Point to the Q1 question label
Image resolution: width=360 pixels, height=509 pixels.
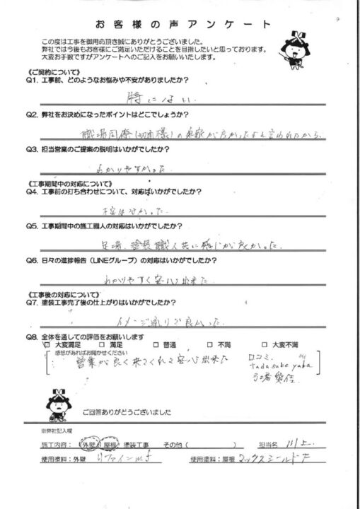click(35, 81)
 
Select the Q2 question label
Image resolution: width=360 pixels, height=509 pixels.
click(35, 114)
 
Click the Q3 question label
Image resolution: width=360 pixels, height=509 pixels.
click(35, 149)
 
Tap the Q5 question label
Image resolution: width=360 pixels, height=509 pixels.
click(35, 226)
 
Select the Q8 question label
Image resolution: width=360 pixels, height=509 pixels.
click(35, 337)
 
